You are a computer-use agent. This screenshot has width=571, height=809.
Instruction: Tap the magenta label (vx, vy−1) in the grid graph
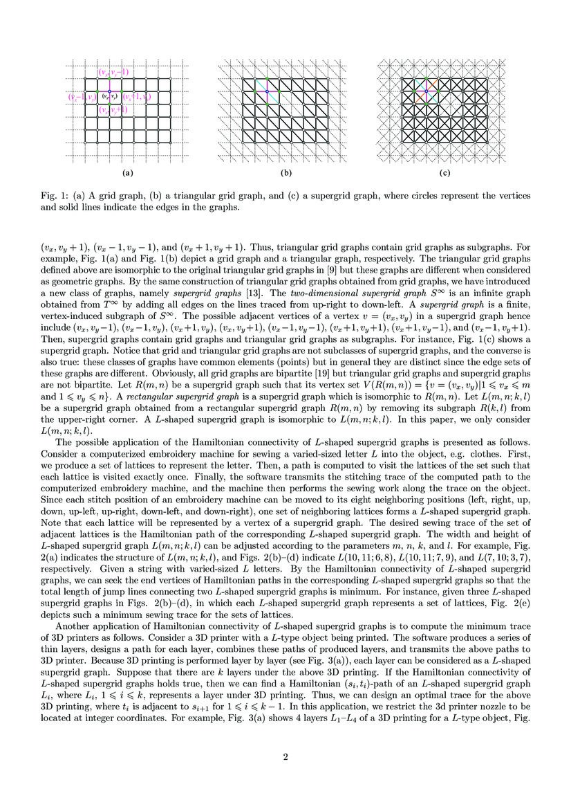tap(113, 72)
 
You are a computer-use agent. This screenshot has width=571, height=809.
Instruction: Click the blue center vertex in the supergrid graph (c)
tap(427, 91)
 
